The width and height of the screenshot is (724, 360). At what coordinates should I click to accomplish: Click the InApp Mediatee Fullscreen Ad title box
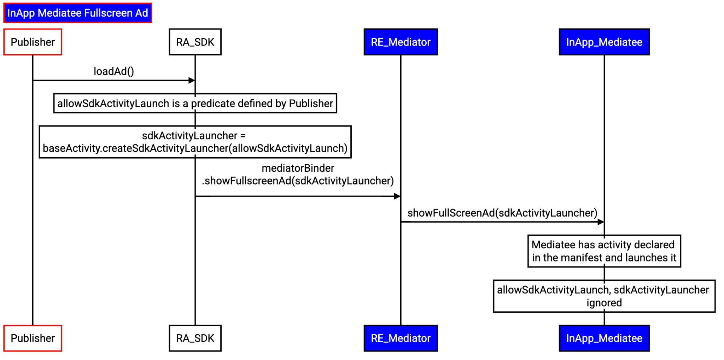click(x=77, y=13)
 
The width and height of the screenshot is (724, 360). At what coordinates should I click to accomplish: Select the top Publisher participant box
click(x=33, y=42)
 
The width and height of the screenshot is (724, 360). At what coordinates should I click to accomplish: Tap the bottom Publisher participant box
click(x=33, y=338)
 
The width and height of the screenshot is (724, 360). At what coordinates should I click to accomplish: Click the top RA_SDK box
click(x=195, y=42)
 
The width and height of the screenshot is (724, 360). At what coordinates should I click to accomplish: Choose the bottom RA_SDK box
click(x=195, y=338)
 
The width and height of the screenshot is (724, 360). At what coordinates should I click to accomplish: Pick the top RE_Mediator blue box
click(x=401, y=42)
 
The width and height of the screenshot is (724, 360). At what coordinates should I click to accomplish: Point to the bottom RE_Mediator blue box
click(x=401, y=338)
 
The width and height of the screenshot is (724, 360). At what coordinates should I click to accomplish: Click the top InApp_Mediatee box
click(x=604, y=42)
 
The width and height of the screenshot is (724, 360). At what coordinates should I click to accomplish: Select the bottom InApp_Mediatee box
click(x=604, y=338)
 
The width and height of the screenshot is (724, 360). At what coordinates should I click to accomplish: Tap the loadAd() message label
click(x=113, y=71)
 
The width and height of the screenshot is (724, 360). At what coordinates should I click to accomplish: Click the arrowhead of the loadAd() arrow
click(x=192, y=81)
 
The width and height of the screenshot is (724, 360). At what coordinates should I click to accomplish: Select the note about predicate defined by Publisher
click(x=195, y=103)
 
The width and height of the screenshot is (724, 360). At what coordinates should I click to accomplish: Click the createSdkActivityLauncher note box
click(x=195, y=142)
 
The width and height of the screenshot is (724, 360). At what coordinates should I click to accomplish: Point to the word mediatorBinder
click(x=298, y=168)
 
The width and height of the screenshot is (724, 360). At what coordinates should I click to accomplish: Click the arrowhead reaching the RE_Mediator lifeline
click(x=397, y=196)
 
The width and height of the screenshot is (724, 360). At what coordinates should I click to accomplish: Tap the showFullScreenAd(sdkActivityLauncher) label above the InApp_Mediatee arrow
click(x=502, y=213)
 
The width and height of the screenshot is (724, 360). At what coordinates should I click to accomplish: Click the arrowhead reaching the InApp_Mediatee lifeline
click(x=601, y=222)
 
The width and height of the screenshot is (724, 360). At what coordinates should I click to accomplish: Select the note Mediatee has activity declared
click(x=604, y=251)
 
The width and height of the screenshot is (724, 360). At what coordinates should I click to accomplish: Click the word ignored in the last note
click(x=604, y=303)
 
